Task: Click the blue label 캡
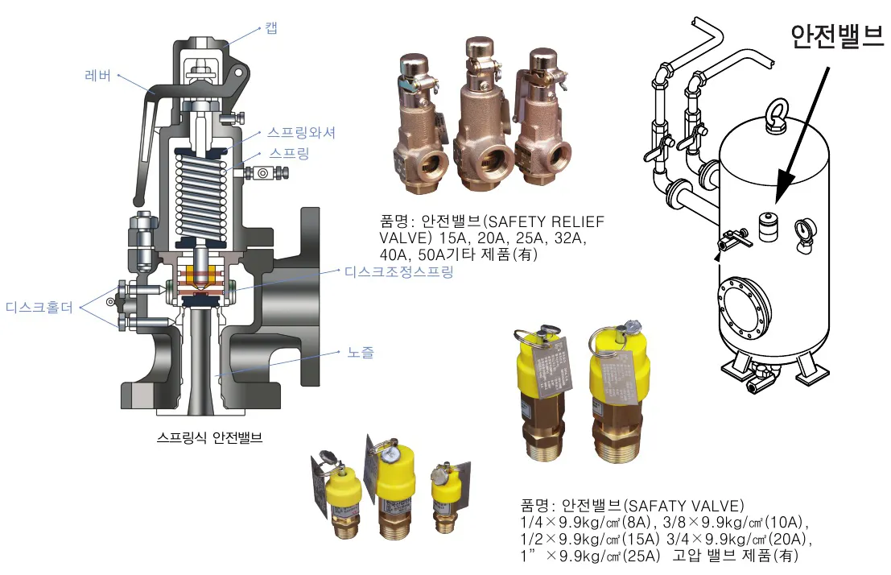[271, 28]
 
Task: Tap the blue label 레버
[97, 76]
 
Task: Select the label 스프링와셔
[302, 133]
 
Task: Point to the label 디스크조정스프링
[399, 272]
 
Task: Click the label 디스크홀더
[39, 308]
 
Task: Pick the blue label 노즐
[361, 353]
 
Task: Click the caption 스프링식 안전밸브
[210, 437]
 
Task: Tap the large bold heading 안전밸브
[837, 35]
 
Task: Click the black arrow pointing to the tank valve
[802, 135]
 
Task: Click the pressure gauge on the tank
[805, 234]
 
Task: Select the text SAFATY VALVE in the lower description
[685, 506]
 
